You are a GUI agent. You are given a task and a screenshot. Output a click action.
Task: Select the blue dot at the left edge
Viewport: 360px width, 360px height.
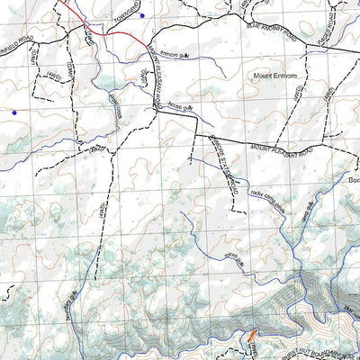click(13, 112)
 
